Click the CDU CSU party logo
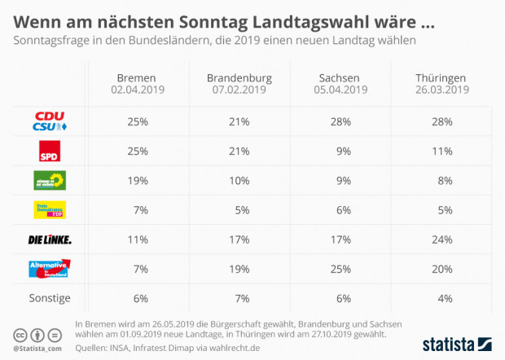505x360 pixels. [x=49, y=121]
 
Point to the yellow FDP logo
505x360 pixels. [x=49, y=210]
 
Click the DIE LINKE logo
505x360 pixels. [x=49, y=239]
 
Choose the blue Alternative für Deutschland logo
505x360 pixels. [x=49, y=269]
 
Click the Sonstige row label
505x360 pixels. [x=49, y=298]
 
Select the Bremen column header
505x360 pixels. [x=137, y=78]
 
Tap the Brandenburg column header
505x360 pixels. [x=239, y=78]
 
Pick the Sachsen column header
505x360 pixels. [x=340, y=78]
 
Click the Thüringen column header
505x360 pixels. [x=442, y=78]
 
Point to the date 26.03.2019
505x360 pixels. [x=442, y=90]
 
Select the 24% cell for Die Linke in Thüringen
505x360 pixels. [x=442, y=239]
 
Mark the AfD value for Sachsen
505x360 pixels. [x=340, y=269]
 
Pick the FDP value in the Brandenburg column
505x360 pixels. [x=239, y=210]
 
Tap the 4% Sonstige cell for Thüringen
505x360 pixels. [x=442, y=298]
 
